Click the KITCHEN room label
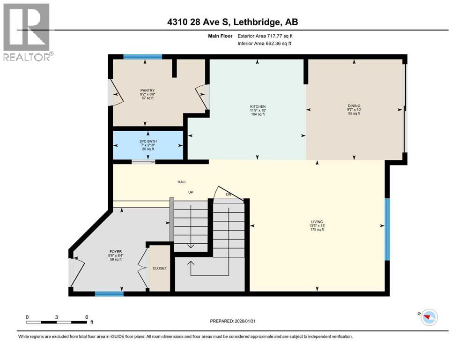(258, 106)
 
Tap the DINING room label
(354, 106)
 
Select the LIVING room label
(317, 222)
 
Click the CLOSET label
(159, 269)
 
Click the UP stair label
(191, 192)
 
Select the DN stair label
(228, 194)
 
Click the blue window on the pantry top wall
(143, 57)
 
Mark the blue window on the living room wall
(387, 229)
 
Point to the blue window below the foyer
(109, 294)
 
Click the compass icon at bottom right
(428, 317)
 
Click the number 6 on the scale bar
(87, 317)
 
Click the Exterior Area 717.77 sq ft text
(266, 36)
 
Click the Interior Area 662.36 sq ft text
(266, 43)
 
